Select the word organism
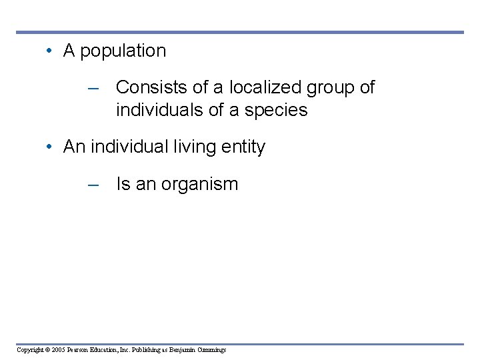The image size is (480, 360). [x=201, y=185]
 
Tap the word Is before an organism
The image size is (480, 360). [x=123, y=184]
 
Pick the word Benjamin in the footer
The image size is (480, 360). [x=183, y=349]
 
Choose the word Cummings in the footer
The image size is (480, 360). [x=212, y=349]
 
